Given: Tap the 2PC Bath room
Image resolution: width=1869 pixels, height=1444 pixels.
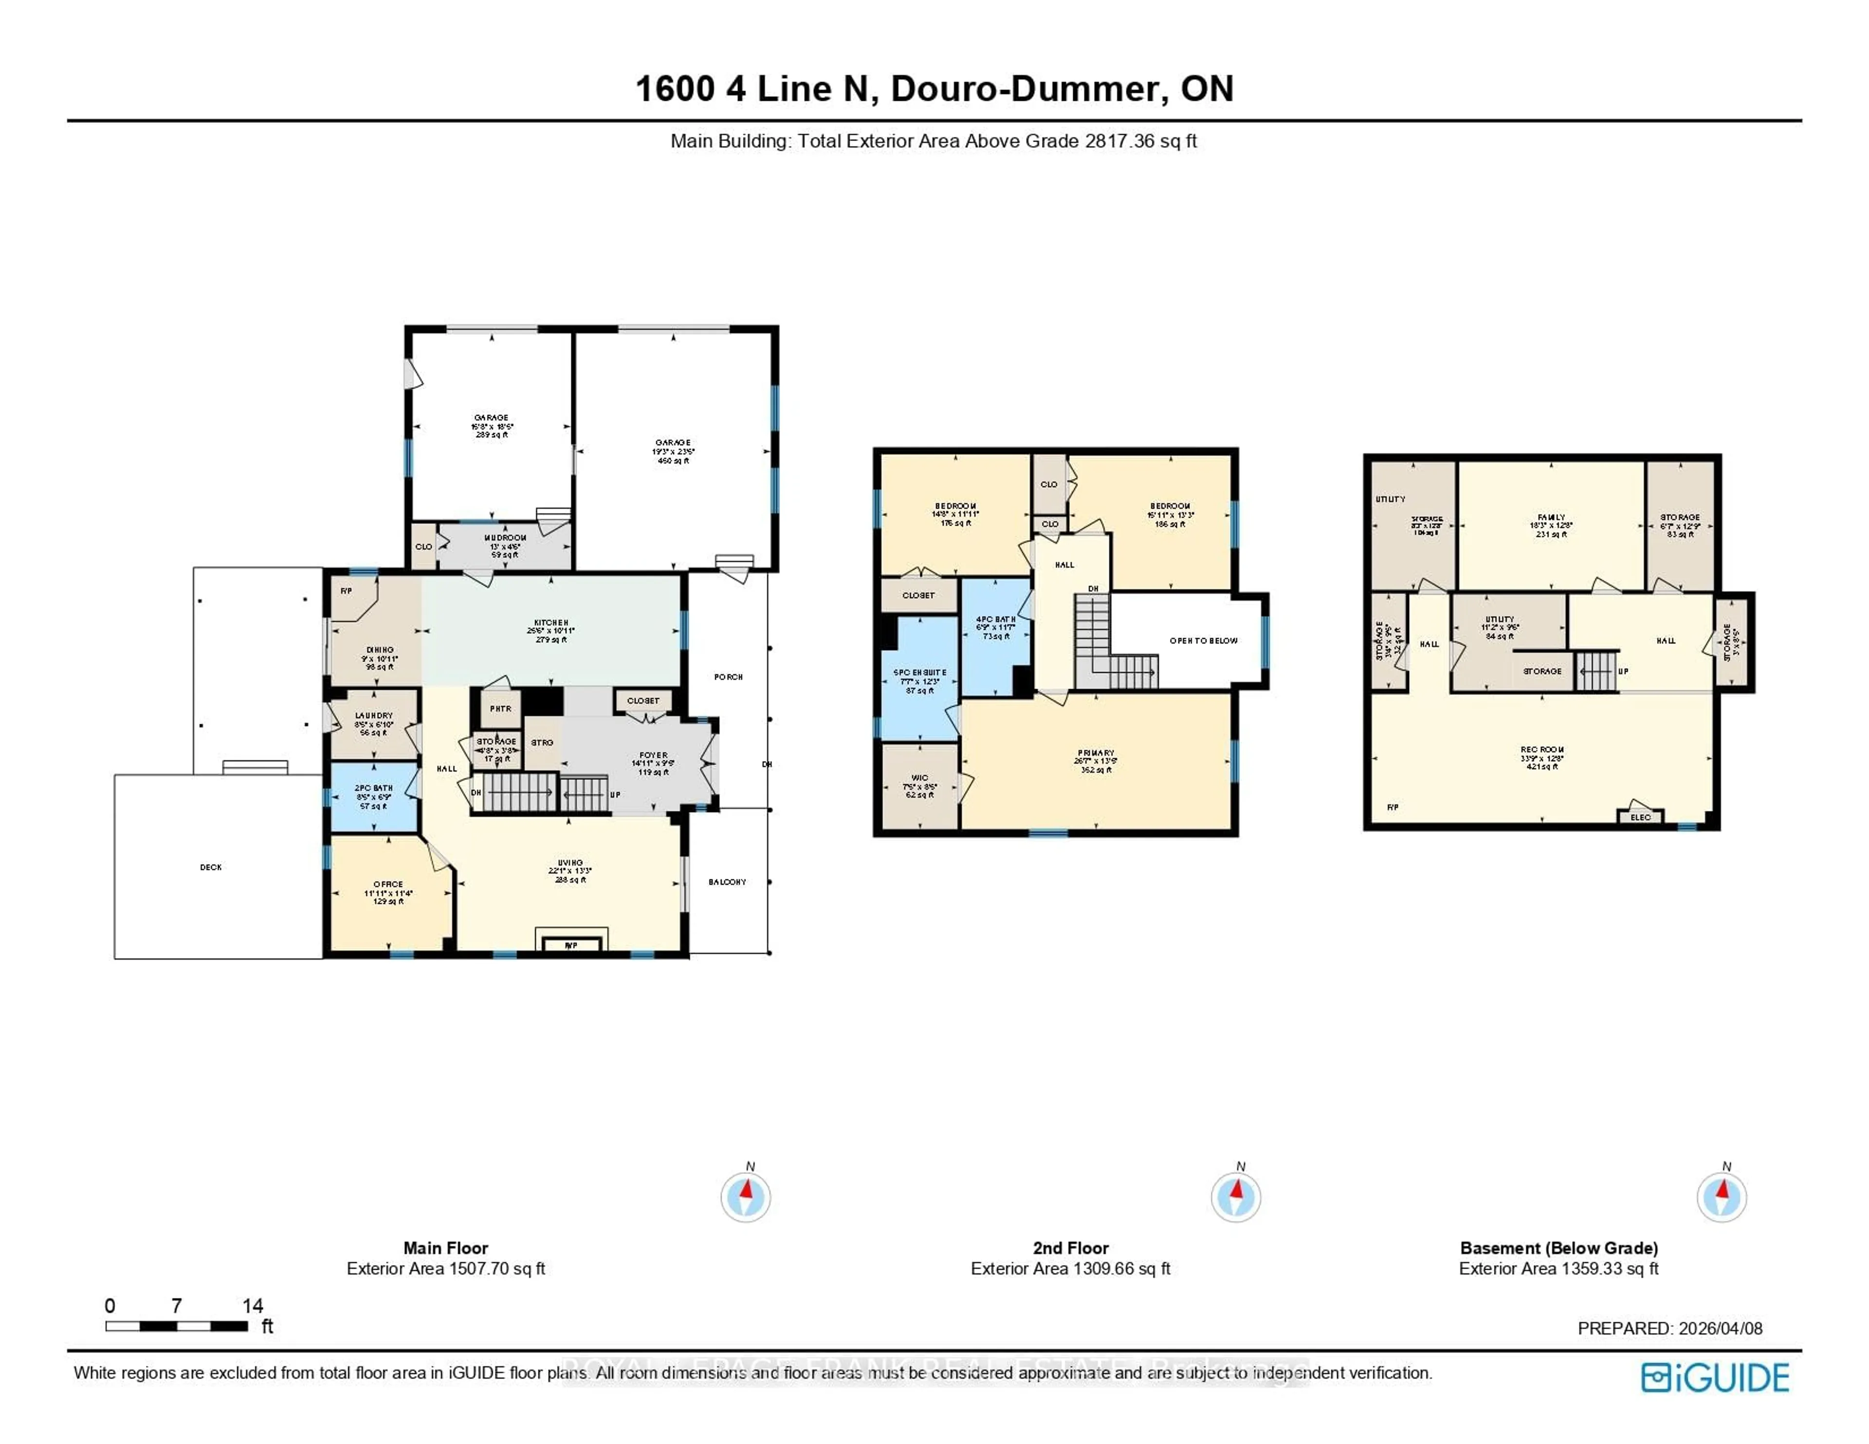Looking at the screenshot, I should point(374,796).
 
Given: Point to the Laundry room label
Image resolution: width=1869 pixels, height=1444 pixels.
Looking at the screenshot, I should point(374,715).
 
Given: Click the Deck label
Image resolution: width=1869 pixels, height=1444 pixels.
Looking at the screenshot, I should point(211,867).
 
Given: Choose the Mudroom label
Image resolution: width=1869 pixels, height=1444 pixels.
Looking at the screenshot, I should point(505,537).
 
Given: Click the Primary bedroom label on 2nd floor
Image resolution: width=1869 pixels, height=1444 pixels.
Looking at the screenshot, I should point(1096,753).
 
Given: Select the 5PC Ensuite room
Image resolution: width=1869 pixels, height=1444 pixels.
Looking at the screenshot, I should point(920,680).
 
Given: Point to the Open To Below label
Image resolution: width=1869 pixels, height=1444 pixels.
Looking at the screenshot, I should point(1203,640).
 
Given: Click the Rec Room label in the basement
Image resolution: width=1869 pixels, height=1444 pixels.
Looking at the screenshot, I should point(1542,750).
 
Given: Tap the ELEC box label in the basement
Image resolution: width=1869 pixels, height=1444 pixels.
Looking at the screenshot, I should point(1641,818).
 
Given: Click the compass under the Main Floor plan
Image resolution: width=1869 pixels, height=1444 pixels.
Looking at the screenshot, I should point(745,1197).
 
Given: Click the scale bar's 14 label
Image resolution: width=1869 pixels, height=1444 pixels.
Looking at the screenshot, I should point(253,1306).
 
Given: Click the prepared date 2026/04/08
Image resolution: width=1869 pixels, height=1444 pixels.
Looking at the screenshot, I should point(1720,1329).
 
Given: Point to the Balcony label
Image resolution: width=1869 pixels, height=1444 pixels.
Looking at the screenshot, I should point(728,882).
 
